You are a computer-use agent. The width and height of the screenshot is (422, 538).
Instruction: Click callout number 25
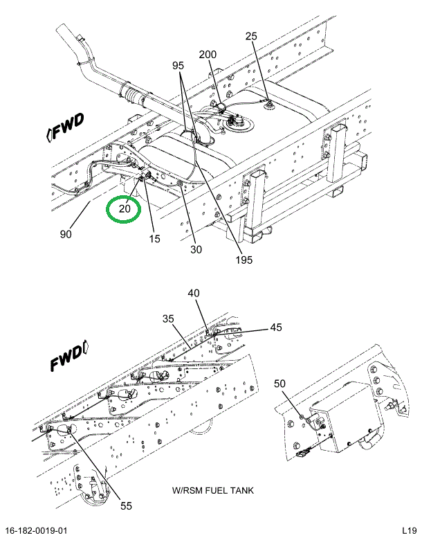point(251,37)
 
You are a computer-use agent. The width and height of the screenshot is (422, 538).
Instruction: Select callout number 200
point(208,55)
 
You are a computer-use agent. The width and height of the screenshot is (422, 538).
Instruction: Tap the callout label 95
point(178,66)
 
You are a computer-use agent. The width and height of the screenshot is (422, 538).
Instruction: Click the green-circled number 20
point(125,208)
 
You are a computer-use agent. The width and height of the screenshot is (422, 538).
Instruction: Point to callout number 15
point(154,239)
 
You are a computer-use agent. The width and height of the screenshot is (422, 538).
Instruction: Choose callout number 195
point(243,260)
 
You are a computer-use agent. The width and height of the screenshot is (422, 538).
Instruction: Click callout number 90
point(66,235)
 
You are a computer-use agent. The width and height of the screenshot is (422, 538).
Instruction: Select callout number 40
point(194,294)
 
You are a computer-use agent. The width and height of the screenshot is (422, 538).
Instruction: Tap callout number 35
point(168,320)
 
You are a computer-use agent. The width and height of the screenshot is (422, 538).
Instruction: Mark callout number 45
point(276,328)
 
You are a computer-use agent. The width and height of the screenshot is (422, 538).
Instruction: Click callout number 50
point(279,384)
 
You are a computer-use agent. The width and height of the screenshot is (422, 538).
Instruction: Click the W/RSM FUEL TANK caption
point(213,491)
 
